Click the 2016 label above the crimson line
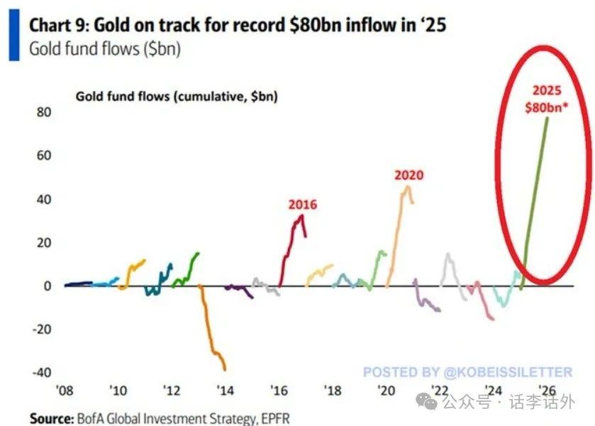302,204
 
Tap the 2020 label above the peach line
409,175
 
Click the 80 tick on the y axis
43,111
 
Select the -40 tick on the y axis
41,373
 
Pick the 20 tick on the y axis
43,242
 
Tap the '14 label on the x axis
226,390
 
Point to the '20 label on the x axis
386,390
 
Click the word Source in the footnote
52,418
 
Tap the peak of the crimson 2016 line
302,216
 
